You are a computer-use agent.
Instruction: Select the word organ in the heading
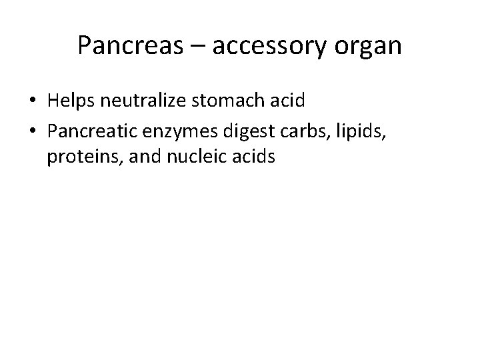(x=370, y=46)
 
